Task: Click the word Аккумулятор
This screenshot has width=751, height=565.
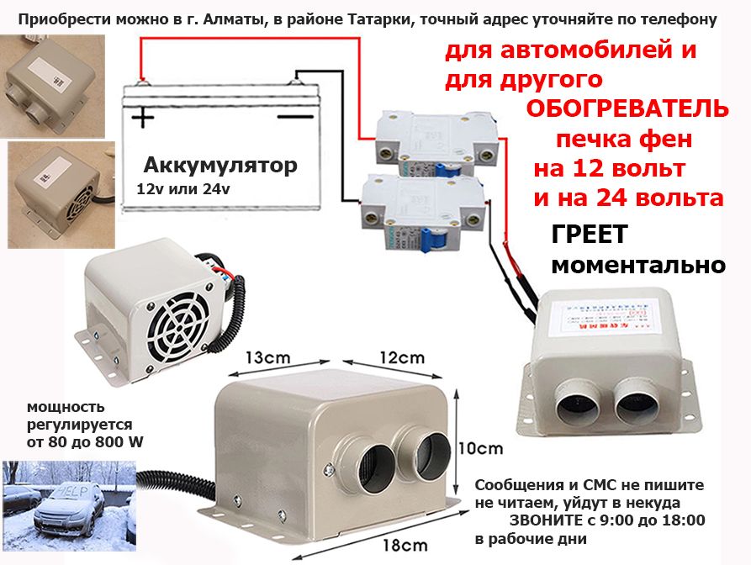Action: (219, 165)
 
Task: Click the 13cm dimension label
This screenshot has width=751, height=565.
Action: (267, 357)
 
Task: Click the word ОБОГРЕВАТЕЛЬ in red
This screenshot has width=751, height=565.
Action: (627, 109)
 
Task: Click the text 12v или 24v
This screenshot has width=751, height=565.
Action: (182, 189)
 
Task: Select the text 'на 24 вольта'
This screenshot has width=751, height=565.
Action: (628, 198)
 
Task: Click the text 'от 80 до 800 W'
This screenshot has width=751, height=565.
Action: (71, 441)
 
